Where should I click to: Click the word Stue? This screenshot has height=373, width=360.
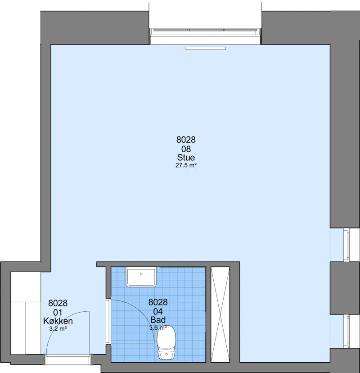coord(186,158)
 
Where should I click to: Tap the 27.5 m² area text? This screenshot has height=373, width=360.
coord(186,165)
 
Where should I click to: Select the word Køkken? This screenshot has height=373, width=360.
coord(58,321)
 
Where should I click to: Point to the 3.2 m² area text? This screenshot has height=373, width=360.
coord(58,329)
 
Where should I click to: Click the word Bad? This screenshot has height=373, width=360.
coord(158,320)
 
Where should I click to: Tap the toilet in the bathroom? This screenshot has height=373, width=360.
coord(166,342)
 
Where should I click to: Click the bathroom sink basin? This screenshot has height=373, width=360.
coord(141,277)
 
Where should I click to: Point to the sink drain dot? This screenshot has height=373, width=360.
coord(141,274)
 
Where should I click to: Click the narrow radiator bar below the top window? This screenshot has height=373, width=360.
coord(205,48)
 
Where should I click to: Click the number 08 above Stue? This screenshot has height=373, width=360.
coord(186,149)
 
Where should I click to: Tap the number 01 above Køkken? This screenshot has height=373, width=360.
coord(58,312)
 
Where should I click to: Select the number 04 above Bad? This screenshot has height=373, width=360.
coord(158,311)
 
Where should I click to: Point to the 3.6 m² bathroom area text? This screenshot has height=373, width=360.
coord(158,328)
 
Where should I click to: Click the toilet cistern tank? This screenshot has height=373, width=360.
coord(166,355)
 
